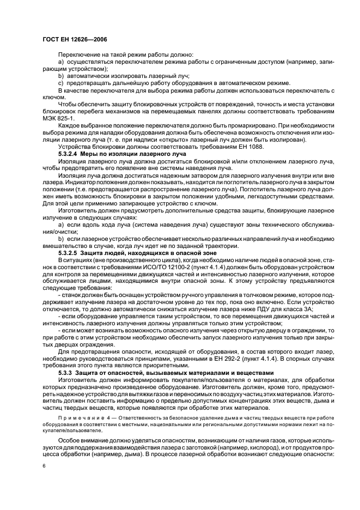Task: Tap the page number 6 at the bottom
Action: point(44,466)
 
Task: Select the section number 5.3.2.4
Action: point(70,154)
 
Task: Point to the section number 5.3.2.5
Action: point(70,253)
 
